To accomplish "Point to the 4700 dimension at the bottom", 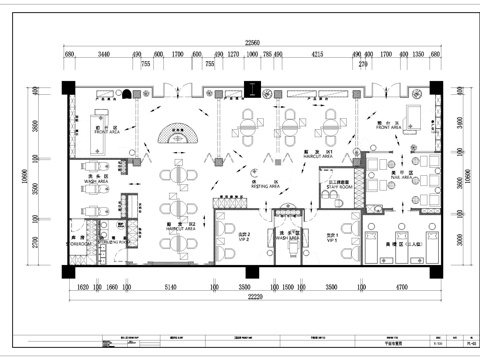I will (401, 286).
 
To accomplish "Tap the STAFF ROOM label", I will (335, 186).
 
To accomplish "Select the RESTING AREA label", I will (265, 186).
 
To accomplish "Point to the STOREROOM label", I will (79, 242).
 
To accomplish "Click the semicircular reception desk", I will (180, 134).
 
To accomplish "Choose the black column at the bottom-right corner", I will (438, 268).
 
